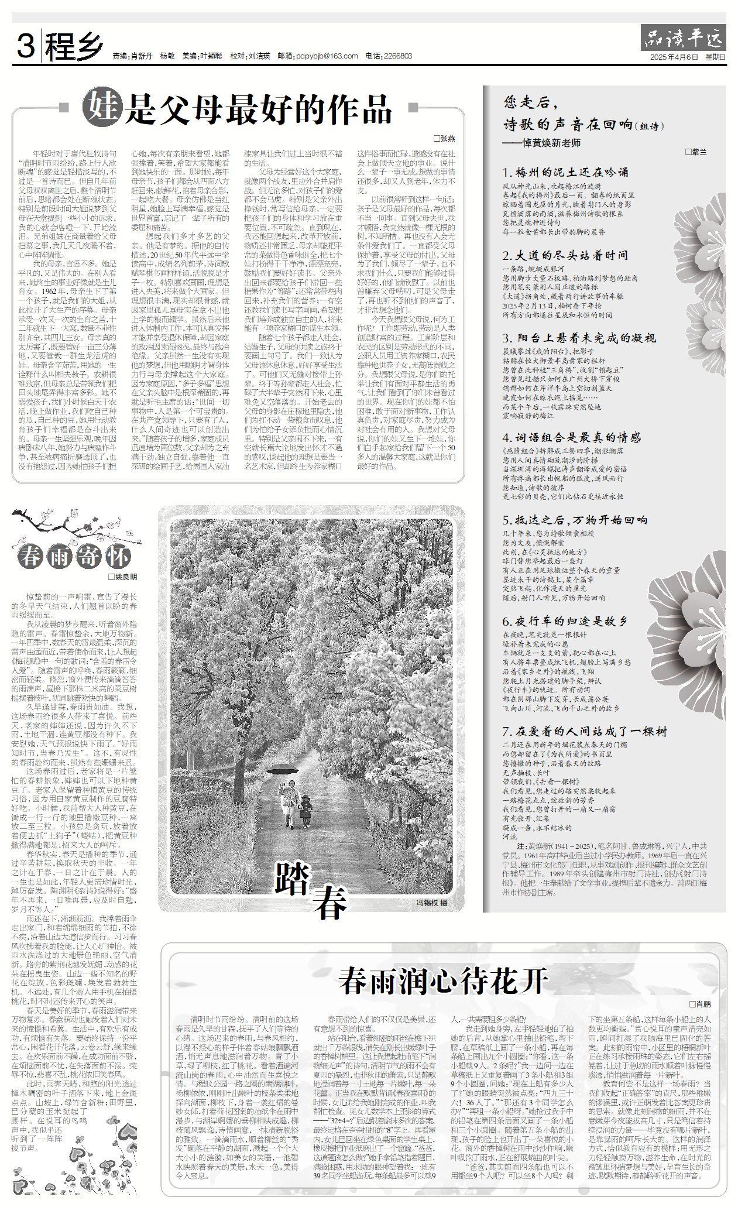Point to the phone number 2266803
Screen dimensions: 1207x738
pyautogui.click(x=397, y=56)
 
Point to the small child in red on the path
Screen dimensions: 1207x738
pyautogui.click(x=306, y=808)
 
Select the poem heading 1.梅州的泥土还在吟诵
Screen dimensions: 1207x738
pyautogui.click(x=565, y=172)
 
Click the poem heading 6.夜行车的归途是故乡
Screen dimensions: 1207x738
pyautogui.click(x=565, y=621)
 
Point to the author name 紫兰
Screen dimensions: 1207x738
pyautogui.click(x=698, y=152)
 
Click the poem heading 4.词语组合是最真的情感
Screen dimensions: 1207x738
pyautogui.click(x=571, y=437)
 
